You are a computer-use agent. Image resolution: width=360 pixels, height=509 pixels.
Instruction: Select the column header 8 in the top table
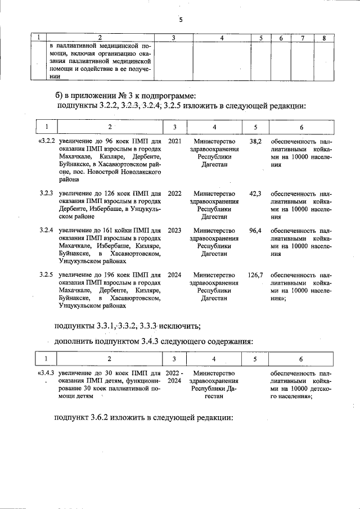tap(323, 38)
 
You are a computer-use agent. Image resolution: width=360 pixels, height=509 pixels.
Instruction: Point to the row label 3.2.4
tap(47, 231)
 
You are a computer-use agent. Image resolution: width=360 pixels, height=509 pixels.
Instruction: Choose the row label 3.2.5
tap(47, 275)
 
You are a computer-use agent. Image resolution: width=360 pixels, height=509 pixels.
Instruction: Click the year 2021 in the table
tap(174, 141)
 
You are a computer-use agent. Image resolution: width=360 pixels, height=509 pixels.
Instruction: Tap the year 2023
tap(174, 231)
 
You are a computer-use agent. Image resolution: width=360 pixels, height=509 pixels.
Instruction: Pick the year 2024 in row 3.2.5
tap(174, 275)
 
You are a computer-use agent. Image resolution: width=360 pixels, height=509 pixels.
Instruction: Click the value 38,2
tap(255, 141)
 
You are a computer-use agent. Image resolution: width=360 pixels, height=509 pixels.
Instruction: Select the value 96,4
tap(255, 231)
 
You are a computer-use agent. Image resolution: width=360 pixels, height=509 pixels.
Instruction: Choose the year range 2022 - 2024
tap(174, 377)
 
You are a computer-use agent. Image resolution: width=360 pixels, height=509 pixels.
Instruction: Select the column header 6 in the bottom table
tap(301, 358)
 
